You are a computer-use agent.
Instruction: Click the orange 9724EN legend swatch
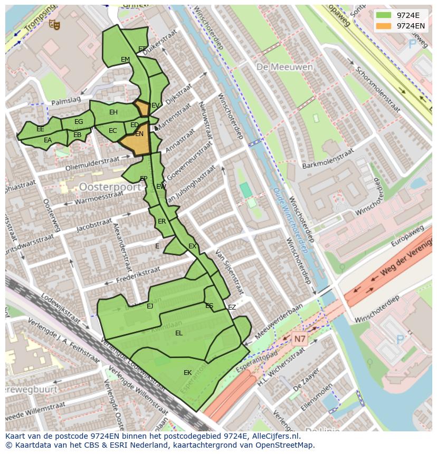pos(384,26)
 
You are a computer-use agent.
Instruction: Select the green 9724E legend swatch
pos(384,15)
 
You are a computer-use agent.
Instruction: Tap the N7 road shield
pos(299,339)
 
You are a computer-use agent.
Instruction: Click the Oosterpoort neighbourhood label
pos(110,187)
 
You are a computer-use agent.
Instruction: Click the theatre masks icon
pos(54,24)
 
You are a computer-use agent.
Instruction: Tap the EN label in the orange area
pos(139,134)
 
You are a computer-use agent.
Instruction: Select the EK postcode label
pos(187,373)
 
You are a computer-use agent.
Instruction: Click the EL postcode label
pos(178,333)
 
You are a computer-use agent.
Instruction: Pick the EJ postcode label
pos(150,306)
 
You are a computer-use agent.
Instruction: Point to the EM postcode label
pos(125,60)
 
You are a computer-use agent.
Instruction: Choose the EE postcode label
pos(41,129)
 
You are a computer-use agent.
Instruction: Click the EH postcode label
pos(113,112)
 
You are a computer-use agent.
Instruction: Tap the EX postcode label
pos(192,246)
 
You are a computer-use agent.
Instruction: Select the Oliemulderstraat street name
pos(92,163)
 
